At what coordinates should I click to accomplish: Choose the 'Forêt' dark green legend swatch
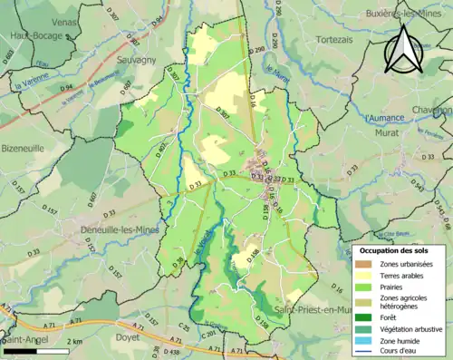point(364,317)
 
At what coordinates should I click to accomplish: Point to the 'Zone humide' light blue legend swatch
point(364,341)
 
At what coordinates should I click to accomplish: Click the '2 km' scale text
point(74,340)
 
